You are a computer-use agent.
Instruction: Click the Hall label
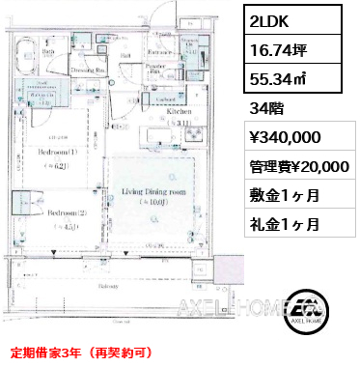tap(126, 56)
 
